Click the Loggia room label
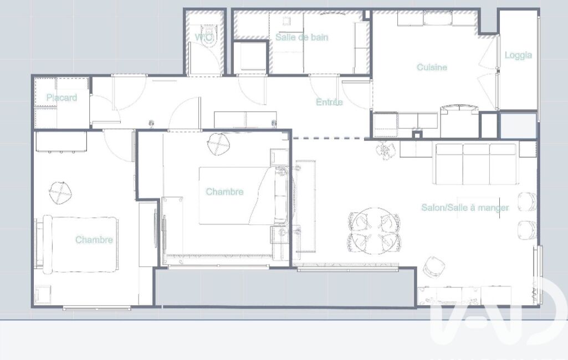point(518,55)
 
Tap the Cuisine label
point(432,67)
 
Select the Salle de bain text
point(302,37)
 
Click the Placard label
point(62,97)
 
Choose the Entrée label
point(329,102)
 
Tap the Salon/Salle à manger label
point(465,208)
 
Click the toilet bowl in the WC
point(208,35)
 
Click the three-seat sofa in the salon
point(476,164)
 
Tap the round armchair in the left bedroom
point(60,192)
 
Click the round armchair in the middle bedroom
point(219,144)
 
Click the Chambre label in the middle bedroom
point(224,192)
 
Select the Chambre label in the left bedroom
point(94,240)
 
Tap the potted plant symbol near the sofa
point(385,149)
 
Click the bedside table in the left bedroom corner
point(43,295)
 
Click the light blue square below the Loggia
point(518,126)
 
